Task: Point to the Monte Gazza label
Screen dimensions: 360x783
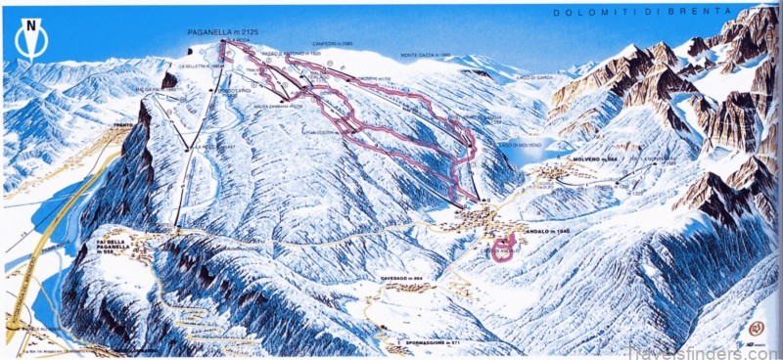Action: pyautogui.click(x=426, y=55)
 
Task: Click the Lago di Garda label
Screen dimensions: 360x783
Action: pyautogui.click(x=536, y=76)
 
